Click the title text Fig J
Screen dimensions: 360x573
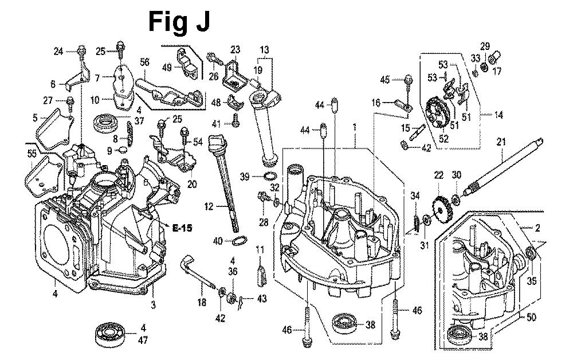click(179, 22)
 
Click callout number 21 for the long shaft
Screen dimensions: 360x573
click(501, 142)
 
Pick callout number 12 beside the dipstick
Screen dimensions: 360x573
click(207, 205)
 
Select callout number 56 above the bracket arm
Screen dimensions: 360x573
click(145, 62)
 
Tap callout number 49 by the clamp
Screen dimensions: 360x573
click(167, 68)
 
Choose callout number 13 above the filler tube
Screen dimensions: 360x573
click(264, 49)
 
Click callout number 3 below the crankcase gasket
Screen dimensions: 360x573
click(153, 305)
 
